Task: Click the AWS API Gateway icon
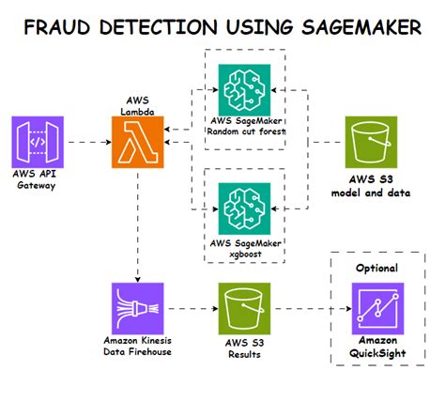click(x=38, y=142)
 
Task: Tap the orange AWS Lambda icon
click(x=139, y=142)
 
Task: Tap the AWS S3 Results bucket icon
click(x=243, y=305)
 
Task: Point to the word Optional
click(x=376, y=268)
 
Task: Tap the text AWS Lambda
click(x=138, y=104)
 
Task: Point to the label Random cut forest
click(x=244, y=131)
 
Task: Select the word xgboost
click(x=244, y=254)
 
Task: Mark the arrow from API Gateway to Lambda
click(x=88, y=142)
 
